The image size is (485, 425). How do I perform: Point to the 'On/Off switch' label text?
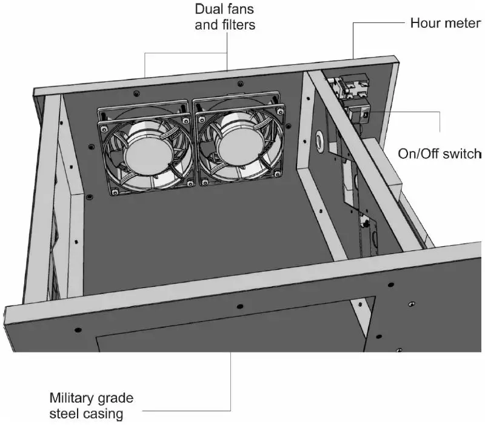pyautogui.click(x=439, y=153)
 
